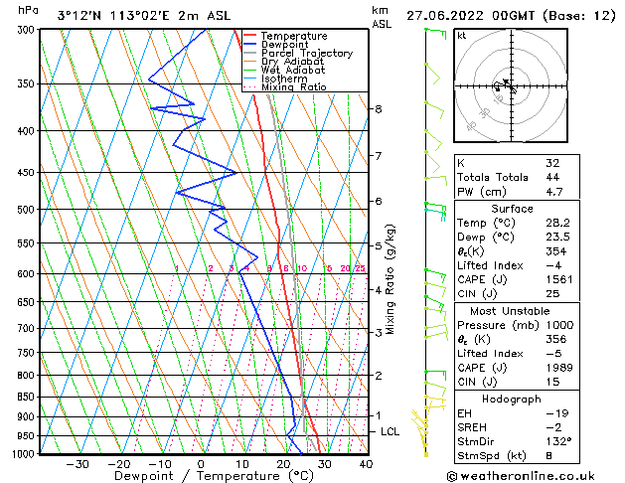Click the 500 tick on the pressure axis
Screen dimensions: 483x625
[x=23, y=210]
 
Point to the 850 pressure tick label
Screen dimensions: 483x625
[x=23, y=397]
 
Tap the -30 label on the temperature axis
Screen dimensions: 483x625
[x=77, y=463]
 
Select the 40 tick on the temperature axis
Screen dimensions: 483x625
[x=366, y=463]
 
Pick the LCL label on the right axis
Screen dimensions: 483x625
[x=391, y=432]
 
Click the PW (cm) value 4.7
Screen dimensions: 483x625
[x=554, y=192]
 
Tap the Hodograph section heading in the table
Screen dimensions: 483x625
[x=512, y=398]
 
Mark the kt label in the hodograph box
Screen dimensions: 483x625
[x=461, y=35]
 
